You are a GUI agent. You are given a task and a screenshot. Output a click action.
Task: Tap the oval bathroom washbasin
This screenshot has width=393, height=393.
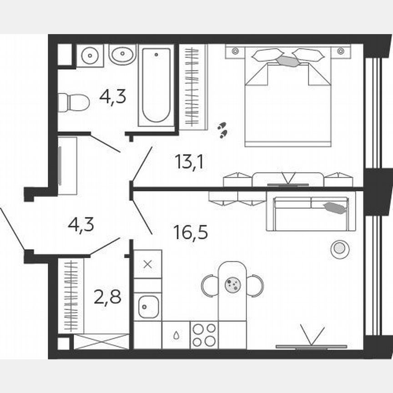(x=122, y=55)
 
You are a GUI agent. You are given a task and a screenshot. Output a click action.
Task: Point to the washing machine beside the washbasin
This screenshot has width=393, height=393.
(x=90, y=55)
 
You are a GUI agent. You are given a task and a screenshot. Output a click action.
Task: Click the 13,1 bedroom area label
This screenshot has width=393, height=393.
(x=188, y=161)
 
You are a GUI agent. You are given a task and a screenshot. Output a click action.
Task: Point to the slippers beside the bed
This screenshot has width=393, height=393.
(x=222, y=130)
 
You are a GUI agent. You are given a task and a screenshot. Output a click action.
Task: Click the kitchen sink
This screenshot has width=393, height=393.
(x=148, y=306)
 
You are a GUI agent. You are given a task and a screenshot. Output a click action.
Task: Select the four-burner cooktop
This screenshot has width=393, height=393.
(x=204, y=335)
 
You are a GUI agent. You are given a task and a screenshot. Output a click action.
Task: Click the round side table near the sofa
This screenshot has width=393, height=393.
(x=339, y=249)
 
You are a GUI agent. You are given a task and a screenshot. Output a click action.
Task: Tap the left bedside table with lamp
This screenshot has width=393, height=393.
(x=235, y=51)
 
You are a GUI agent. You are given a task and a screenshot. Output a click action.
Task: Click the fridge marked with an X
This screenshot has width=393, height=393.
(x=147, y=264)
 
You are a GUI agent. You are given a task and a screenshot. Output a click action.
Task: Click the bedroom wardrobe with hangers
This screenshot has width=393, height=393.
(x=193, y=86)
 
